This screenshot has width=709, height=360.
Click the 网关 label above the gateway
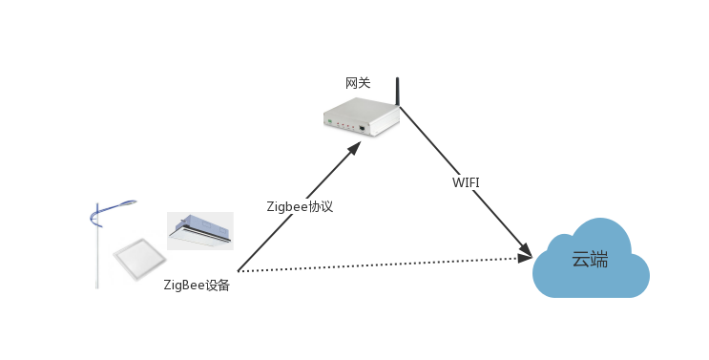pyautogui.click(x=358, y=84)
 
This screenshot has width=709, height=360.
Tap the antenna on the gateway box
pyautogui.click(x=397, y=90)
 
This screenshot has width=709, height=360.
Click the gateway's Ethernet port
pyautogui.click(x=363, y=127)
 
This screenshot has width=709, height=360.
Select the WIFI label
pyautogui.click(x=466, y=182)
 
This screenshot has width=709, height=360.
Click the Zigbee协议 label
pyautogui.click(x=300, y=206)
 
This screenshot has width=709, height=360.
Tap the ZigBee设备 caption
pyautogui.click(x=197, y=285)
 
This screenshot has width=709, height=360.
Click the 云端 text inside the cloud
pyautogui.click(x=590, y=259)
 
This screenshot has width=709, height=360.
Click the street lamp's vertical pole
pyautogui.click(x=96, y=253)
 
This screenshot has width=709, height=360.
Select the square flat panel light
pyautogui.click(x=138, y=257)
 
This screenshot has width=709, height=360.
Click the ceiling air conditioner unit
pyautogui.click(x=199, y=230)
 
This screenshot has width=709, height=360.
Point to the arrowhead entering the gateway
pyautogui.click(x=354, y=148)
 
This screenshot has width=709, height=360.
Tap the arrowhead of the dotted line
pyautogui.click(x=524, y=258)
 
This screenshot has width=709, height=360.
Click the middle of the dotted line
pyautogui.click(x=382, y=265)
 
